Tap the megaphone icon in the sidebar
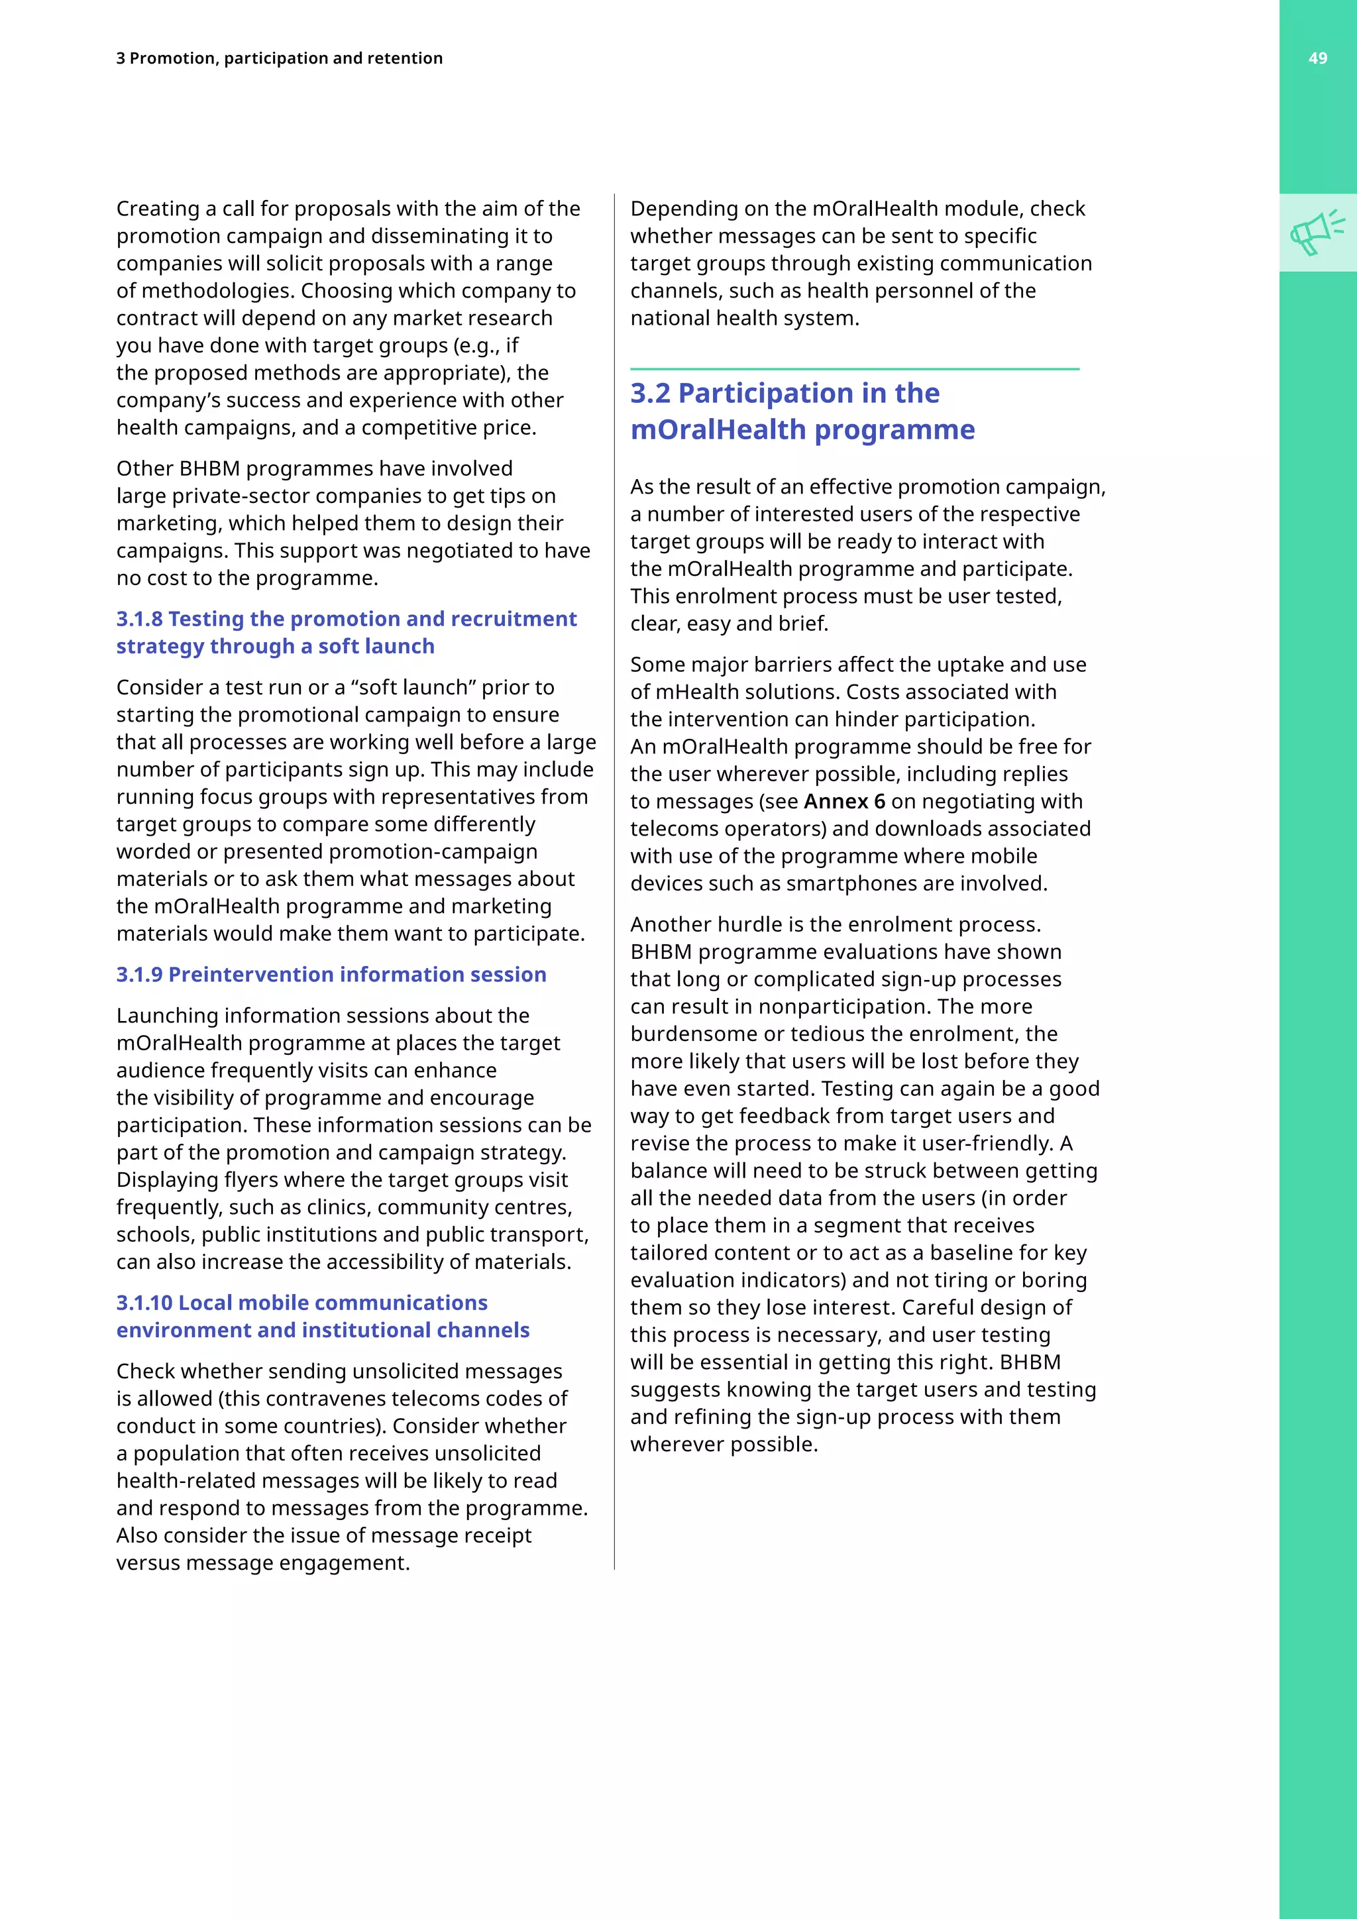(1317, 233)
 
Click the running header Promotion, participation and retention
(286, 58)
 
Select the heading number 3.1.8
(140, 620)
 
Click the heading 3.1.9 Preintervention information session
(331, 975)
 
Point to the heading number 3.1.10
(144, 1303)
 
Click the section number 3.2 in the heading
(650, 393)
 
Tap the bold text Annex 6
(844, 802)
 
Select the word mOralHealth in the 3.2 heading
(719, 429)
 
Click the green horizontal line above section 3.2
(854, 368)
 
